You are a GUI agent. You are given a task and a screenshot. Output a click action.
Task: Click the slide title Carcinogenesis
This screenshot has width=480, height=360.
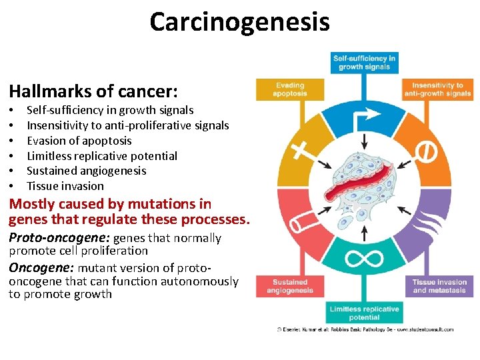pyautogui.click(x=239, y=22)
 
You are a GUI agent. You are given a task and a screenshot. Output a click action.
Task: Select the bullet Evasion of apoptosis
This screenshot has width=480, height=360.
pyautogui.click(x=79, y=141)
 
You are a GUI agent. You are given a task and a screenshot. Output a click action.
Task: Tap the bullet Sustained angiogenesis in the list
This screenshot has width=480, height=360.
pyautogui.click(x=86, y=171)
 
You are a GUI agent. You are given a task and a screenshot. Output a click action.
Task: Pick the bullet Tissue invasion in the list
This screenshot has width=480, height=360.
pyautogui.click(x=65, y=186)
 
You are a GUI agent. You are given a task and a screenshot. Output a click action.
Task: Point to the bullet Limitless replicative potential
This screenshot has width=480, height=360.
pyautogui.click(x=101, y=156)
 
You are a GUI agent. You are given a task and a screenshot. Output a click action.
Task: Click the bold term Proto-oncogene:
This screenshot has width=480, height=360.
pyautogui.click(x=59, y=238)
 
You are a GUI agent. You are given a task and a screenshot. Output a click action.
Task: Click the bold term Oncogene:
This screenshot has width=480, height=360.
pyautogui.click(x=41, y=268)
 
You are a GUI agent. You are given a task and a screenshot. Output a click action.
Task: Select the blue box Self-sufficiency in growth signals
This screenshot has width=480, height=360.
pyautogui.click(x=364, y=63)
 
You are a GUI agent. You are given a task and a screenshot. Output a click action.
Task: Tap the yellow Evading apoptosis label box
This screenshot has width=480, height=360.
pyautogui.click(x=289, y=89)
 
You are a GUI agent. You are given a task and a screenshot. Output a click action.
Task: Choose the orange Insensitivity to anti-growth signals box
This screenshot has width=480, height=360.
pyautogui.click(x=437, y=89)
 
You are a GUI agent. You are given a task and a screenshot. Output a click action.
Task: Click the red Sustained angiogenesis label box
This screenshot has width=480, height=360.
pyautogui.click(x=289, y=287)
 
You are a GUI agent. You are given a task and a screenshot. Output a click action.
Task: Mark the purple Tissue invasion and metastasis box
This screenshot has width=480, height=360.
pyautogui.click(x=439, y=287)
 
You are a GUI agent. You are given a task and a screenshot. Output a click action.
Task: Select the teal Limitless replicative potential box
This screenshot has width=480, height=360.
pyautogui.click(x=364, y=313)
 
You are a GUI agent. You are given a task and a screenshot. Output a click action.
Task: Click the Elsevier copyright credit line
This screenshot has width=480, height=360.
pyautogui.click(x=365, y=329)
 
